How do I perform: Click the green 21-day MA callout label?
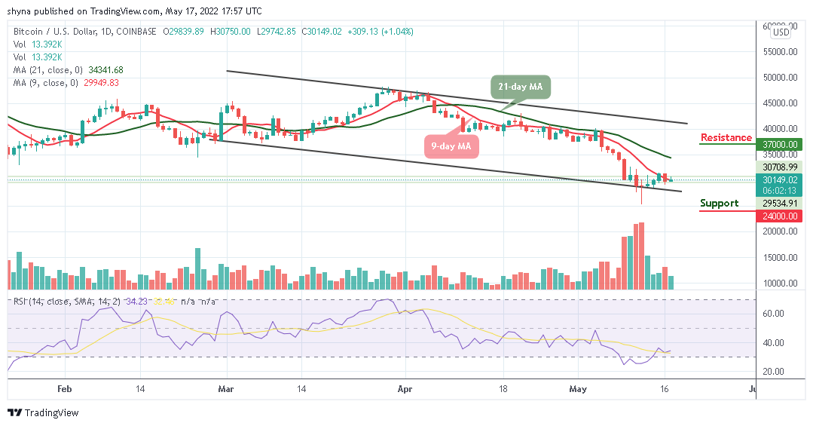click(521, 87)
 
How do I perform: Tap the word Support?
click(719, 204)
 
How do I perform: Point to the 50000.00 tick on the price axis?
click(780, 77)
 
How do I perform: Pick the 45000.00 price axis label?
click(780, 103)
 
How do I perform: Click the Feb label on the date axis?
click(64, 389)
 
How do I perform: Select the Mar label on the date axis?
click(227, 389)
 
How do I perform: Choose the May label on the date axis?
click(578, 389)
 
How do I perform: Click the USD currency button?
click(781, 32)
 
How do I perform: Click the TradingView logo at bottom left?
click(43, 413)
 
